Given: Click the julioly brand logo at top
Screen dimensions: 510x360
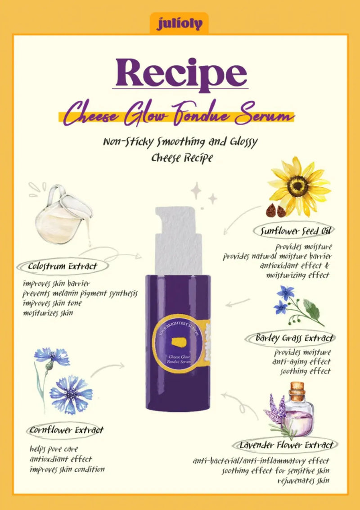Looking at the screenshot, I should (179, 23).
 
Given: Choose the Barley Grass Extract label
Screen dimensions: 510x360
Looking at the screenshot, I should (295, 338).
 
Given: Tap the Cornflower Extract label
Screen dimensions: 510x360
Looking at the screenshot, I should (67, 430).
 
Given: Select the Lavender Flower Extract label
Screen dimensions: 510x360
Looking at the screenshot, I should (287, 445).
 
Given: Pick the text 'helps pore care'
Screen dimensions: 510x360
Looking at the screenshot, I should (54, 449).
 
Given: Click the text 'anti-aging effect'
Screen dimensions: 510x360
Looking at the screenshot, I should (301, 362).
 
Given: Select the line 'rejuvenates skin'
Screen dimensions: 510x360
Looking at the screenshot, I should (305, 481).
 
